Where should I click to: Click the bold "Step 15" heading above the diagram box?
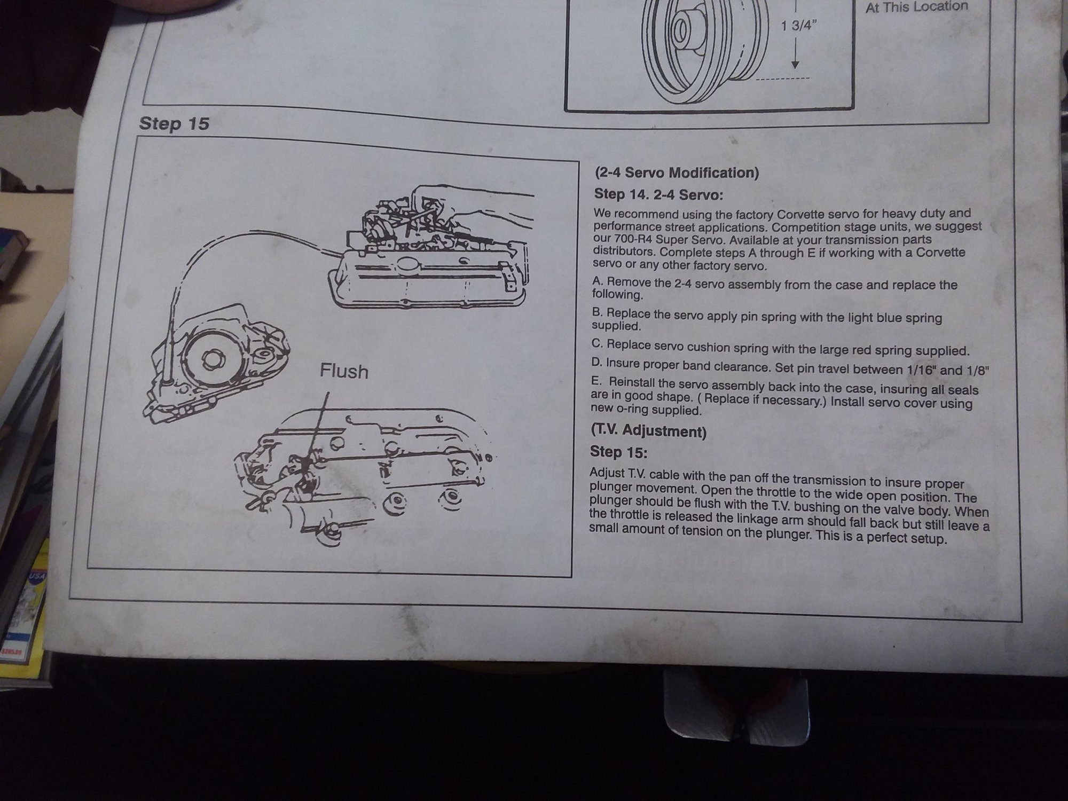coord(174,124)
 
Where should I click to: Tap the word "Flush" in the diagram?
coord(344,371)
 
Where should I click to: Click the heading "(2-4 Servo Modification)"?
coord(677,172)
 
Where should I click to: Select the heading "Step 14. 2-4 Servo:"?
coord(658,195)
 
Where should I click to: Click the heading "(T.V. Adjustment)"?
coord(649,430)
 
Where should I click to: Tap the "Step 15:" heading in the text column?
coord(618,453)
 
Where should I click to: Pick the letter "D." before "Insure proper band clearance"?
coord(596,363)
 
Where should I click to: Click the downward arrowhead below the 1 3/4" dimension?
coord(795,64)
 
